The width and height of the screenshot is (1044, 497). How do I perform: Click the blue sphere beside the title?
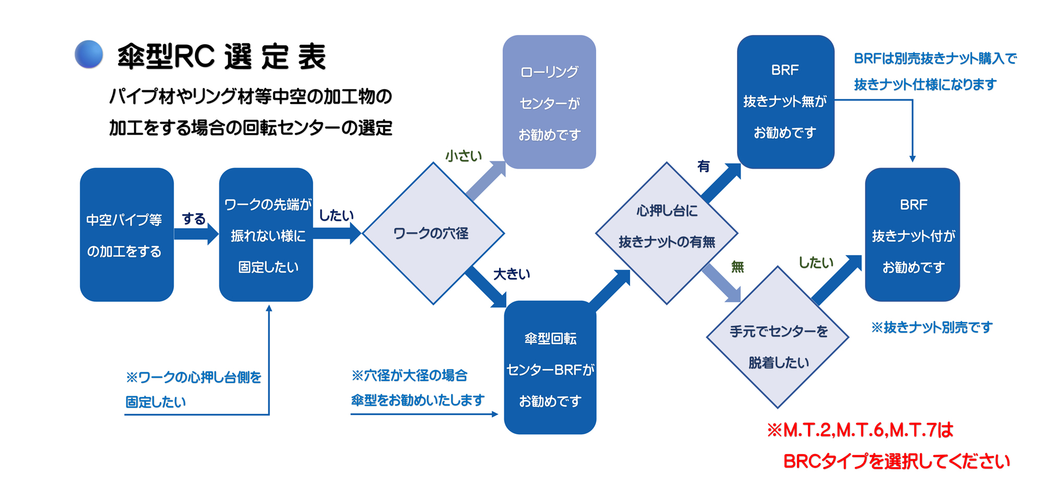coord(89,54)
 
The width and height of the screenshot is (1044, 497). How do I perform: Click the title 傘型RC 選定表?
coord(222,56)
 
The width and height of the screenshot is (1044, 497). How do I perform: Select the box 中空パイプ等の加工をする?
coord(126,234)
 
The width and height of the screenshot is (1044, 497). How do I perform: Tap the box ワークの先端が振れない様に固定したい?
coord(266,234)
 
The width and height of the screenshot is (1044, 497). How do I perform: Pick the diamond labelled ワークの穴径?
coord(433,233)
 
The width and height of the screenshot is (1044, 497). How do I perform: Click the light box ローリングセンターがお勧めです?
coord(549,102)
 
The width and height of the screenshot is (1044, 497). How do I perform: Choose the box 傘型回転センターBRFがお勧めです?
coord(550,368)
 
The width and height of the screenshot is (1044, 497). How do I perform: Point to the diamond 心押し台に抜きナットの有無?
coord(667,233)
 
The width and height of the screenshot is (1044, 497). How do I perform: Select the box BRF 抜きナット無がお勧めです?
coord(785,102)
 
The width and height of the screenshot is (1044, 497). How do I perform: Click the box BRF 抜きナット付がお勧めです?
coord(912,234)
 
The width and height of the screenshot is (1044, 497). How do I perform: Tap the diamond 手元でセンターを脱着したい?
coord(778,338)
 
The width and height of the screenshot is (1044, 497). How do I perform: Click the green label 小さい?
coord(464,156)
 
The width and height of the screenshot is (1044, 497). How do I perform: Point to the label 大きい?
coord(512,274)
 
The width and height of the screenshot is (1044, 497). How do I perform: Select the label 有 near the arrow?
coord(704,167)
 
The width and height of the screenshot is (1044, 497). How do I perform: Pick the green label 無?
coord(737,267)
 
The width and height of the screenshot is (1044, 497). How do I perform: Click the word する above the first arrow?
coord(194,219)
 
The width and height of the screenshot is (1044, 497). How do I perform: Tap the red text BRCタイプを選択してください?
coord(896,462)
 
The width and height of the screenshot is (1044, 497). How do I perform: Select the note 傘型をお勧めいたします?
coord(418,400)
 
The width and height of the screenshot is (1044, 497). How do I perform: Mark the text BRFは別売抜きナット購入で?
coord(935,58)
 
